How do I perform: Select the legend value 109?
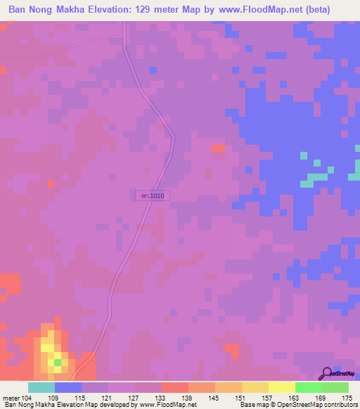click(x=54, y=399)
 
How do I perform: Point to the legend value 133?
click(x=161, y=399)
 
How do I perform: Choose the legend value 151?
click(x=242, y=399)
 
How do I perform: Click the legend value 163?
click(x=295, y=399)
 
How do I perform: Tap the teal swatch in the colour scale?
click(x=41, y=387)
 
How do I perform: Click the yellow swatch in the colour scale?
click(x=281, y=387)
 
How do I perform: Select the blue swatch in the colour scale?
click(x=67, y=387)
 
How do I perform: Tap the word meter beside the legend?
click(x=11, y=399)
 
